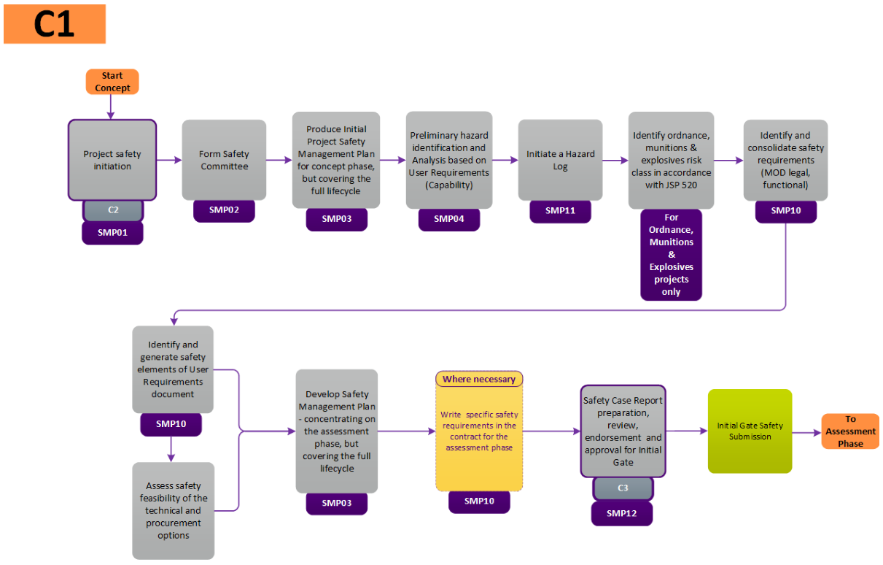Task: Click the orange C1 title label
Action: pyautogui.click(x=55, y=24)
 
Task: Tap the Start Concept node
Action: pyautogui.click(x=112, y=82)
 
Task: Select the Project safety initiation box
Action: pyautogui.click(x=112, y=160)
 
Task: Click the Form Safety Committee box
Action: pyautogui.click(x=224, y=160)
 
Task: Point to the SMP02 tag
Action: pyautogui.click(x=224, y=211)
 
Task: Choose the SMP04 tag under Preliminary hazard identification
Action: pyautogui.click(x=449, y=219)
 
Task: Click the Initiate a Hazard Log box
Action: pyautogui.click(x=560, y=160)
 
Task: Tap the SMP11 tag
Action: pyautogui.click(x=560, y=211)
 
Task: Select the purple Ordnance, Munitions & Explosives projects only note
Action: pyautogui.click(x=671, y=254)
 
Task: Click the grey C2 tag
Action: pyautogui.click(x=113, y=210)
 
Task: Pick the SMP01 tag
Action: pyautogui.click(x=112, y=233)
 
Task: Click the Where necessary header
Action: pyautogui.click(x=479, y=379)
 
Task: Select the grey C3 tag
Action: pyautogui.click(x=623, y=488)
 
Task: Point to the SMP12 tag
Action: pyautogui.click(x=622, y=513)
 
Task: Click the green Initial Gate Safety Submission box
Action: pyautogui.click(x=750, y=431)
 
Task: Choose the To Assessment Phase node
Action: pyautogui.click(x=850, y=431)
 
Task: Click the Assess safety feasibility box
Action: pyautogui.click(x=174, y=510)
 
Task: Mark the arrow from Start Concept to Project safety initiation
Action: pyautogui.click(x=112, y=107)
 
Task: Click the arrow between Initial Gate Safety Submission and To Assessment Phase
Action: pyautogui.click(x=806, y=432)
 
